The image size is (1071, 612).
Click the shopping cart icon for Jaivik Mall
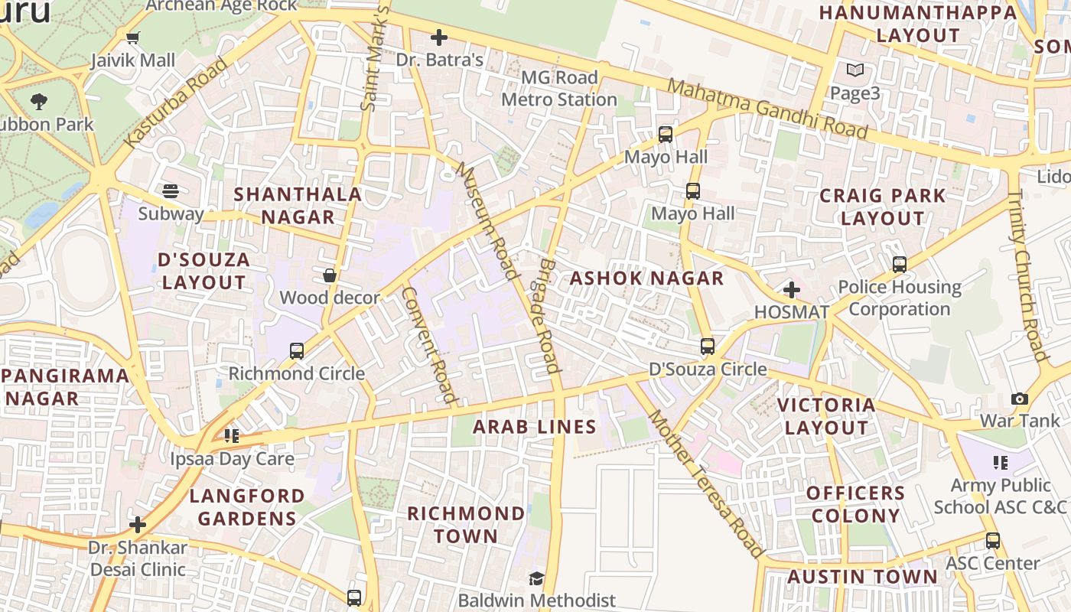[133, 37]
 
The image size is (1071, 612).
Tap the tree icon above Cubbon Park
[38, 101]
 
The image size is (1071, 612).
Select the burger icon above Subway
[171, 191]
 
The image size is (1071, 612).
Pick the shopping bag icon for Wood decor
[330, 275]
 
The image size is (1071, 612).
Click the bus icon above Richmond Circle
[297, 351]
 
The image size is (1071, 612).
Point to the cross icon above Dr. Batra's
[439, 37]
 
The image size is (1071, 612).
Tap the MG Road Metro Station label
[559, 89]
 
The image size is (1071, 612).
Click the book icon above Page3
[855, 71]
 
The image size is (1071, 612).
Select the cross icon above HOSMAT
[792, 290]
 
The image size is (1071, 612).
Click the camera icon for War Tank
[1019, 399]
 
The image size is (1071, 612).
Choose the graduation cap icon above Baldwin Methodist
[537, 578]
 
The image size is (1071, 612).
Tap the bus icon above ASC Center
[992, 541]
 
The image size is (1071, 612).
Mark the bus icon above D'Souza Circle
[708, 347]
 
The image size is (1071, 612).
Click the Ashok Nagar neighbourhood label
[646, 278]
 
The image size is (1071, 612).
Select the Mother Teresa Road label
[705, 483]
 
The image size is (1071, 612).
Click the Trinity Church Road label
[1027, 275]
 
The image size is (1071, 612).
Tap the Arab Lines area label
[534, 427]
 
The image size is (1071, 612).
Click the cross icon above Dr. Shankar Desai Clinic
[138, 525]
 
